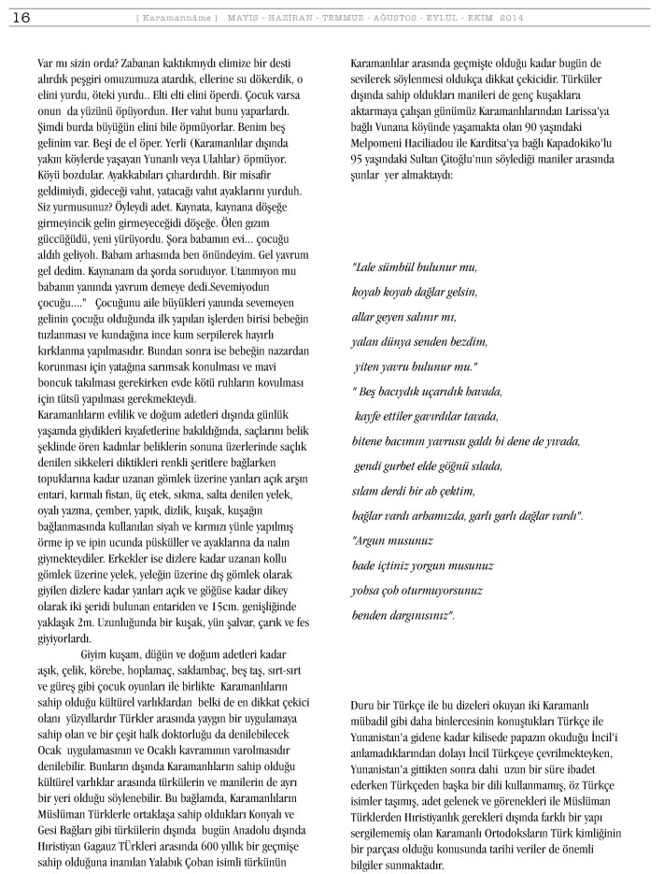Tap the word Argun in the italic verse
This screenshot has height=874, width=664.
point(374,541)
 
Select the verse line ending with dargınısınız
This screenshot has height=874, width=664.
point(403,616)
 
